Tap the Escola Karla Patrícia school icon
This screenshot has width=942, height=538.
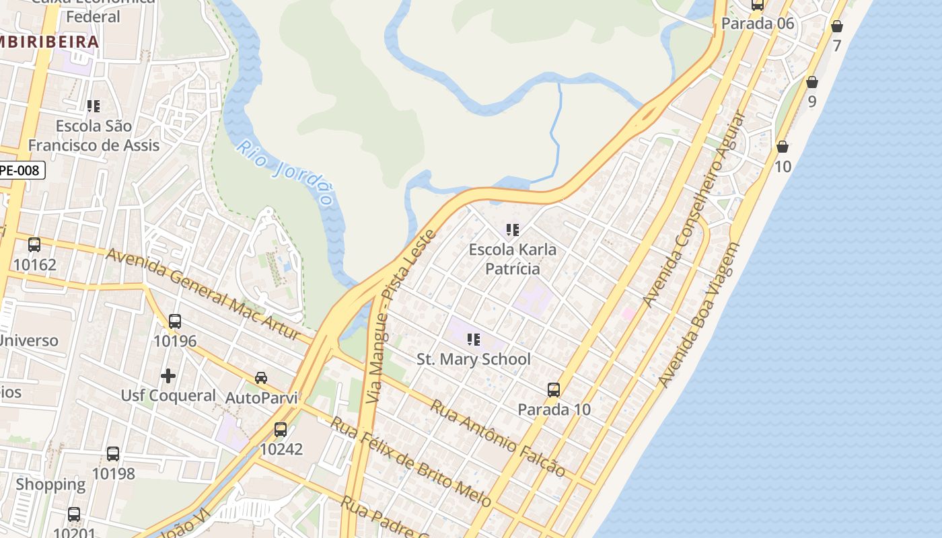coord(513,231)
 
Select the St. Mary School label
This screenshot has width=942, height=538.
coord(474,359)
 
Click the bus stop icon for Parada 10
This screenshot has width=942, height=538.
coord(554,390)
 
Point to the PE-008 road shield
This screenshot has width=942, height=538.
coord(20,170)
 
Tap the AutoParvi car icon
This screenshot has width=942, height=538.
coord(261,378)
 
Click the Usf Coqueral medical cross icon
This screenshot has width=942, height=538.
coord(168,375)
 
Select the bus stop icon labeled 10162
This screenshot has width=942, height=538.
coord(34,245)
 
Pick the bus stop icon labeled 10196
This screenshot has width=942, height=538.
coord(175,321)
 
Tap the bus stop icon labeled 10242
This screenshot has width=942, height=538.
coord(281,429)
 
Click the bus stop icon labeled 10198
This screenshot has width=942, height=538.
coord(113,454)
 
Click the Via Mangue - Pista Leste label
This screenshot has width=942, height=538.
coord(400,316)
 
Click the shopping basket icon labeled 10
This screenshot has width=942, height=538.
coord(783,147)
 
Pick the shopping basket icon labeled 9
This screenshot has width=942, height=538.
coord(812,82)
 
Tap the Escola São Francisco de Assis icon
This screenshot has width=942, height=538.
coord(94,106)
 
